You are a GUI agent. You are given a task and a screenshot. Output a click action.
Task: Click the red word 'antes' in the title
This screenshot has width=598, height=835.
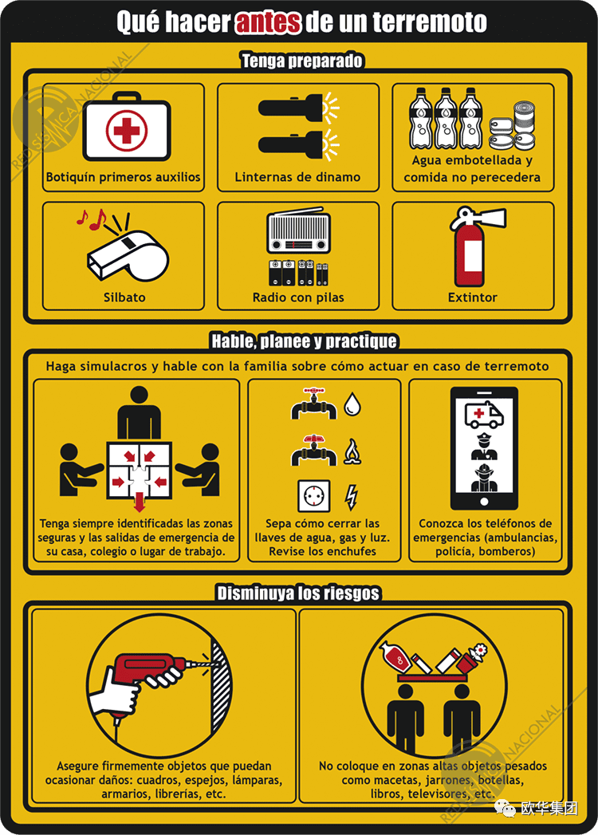click(268, 22)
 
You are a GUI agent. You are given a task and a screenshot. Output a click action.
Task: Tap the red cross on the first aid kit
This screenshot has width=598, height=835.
click(126, 129)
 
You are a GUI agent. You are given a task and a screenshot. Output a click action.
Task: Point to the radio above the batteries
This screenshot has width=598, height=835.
click(299, 230)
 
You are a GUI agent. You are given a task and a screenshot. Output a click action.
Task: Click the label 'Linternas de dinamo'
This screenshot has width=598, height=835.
click(297, 177)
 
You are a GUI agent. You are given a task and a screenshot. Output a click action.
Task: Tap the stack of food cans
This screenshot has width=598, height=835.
click(513, 126)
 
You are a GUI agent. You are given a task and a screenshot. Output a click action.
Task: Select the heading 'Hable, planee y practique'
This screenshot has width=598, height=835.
click(304, 341)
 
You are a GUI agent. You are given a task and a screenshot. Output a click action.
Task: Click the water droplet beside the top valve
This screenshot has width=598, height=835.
click(352, 404)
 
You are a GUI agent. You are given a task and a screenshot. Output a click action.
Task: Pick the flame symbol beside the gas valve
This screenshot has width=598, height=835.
click(352, 451)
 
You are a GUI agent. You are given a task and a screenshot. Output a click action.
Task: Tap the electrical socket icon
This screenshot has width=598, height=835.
click(313, 495)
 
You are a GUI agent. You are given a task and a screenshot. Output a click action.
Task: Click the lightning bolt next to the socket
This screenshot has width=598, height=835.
click(351, 497)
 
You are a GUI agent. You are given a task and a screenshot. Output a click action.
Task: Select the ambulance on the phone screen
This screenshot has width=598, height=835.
click(484, 415)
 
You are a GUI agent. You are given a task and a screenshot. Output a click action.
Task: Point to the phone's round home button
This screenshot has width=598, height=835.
click(484, 501)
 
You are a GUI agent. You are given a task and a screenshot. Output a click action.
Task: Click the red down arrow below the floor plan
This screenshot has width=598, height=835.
click(140, 502)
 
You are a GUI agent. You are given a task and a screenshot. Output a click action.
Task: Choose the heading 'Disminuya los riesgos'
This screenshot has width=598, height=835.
click(298, 593)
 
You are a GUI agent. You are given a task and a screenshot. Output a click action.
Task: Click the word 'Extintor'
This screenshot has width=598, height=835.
click(473, 297)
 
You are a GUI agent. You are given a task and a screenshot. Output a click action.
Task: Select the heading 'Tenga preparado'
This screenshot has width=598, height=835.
click(302, 60)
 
